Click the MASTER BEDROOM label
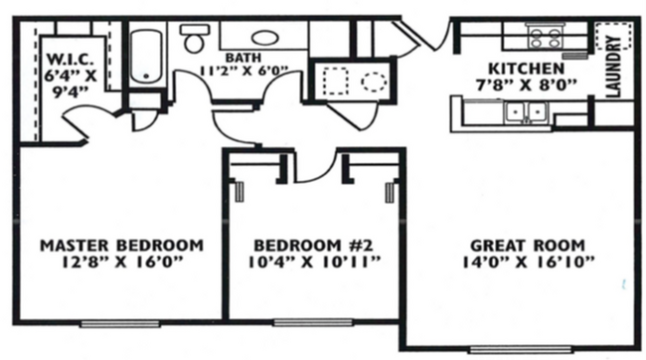click(121, 245)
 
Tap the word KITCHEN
click(520, 68)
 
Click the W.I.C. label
click(67, 56)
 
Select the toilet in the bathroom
click(194, 40)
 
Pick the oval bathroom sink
click(264, 38)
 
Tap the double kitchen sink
click(524, 111)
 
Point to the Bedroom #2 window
click(310, 322)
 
